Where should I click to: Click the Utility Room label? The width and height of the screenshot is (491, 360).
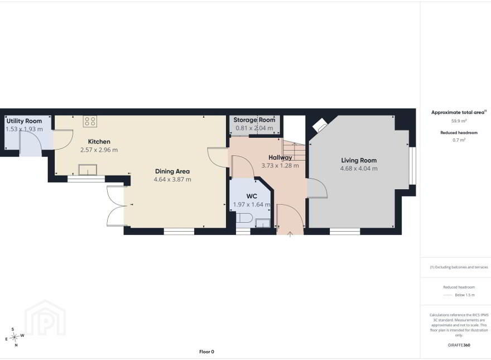click(24, 121)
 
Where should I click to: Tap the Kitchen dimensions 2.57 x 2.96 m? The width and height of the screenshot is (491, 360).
click(99, 150)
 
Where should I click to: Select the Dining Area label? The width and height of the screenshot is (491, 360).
click(172, 171)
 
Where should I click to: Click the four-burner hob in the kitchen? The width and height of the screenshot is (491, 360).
click(90, 121)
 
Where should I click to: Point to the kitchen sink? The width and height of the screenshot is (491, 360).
click(88, 170)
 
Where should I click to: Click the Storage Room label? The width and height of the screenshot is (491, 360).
click(254, 119)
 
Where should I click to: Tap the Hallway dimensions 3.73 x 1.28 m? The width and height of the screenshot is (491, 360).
click(280, 165)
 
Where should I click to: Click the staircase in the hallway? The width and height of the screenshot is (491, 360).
click(293, 150)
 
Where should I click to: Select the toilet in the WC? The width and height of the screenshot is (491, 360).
click(244, 218)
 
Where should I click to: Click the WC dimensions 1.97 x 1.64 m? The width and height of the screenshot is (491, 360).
click(252, 205)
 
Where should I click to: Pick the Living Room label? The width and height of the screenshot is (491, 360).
click(359, 160)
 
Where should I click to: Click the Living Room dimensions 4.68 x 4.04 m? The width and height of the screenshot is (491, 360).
click(359, 169)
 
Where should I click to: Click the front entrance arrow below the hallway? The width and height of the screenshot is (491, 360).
click(290, 234)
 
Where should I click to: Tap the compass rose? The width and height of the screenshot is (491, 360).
click(15, 338)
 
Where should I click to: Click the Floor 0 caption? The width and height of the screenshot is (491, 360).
click(206, 352)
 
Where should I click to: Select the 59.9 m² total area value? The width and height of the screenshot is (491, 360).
click(459, 121)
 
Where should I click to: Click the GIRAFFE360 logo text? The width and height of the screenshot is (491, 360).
click(459, 345)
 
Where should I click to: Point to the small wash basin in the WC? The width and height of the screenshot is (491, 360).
click(262, 223)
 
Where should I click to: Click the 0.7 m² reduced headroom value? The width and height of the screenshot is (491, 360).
click(459, 140)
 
